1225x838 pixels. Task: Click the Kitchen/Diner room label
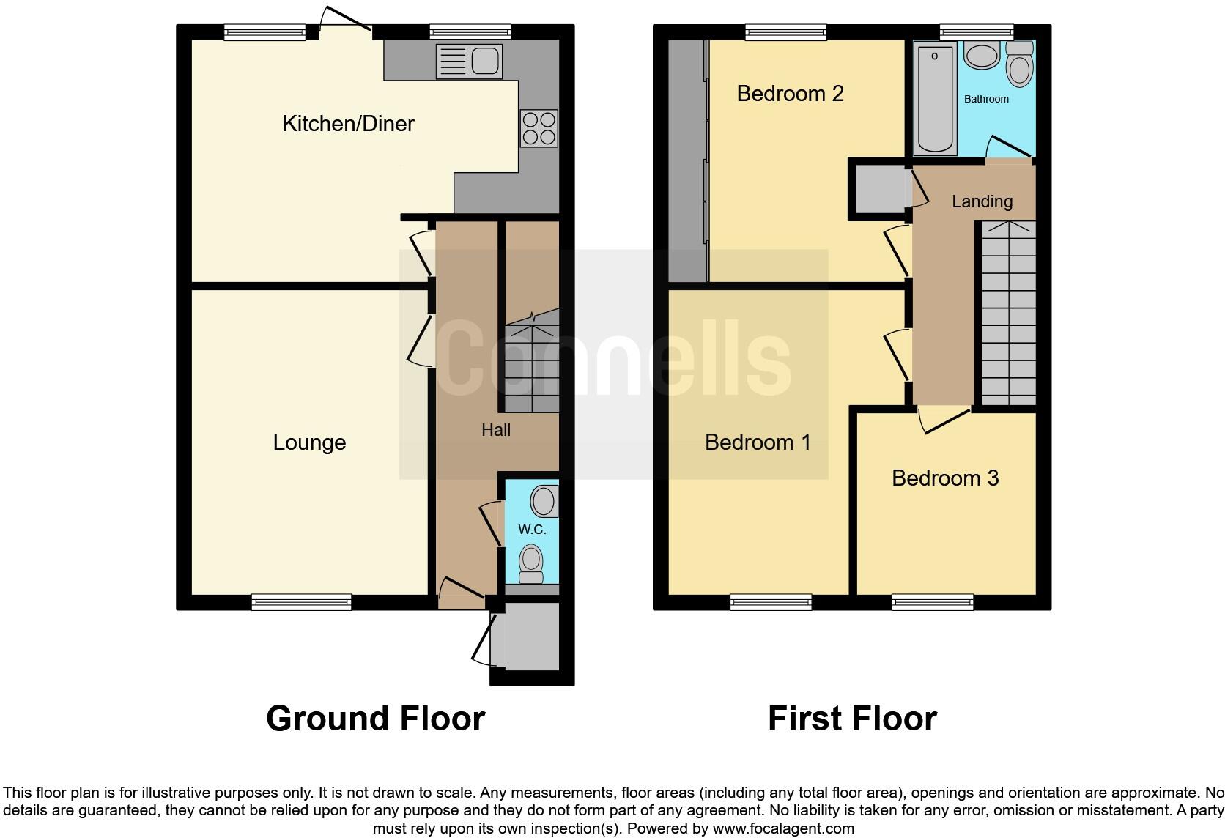coord(348,123)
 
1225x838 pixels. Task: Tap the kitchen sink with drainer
coord(469,61)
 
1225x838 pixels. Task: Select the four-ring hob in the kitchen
coord(539,128)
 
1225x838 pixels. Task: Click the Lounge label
coord(309,442)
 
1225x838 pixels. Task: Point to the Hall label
coord(496,430)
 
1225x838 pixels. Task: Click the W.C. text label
coord(532,530)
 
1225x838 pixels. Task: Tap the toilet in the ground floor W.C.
coord(530,563)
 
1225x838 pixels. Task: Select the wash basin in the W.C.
coord(544,502)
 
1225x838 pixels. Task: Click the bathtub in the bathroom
coord(936,97)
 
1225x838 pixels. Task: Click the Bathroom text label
coord(986,99)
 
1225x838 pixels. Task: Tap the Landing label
coord(982,201)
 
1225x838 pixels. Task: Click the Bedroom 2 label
coord(790,94)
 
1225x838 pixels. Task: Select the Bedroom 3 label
coord(945,478)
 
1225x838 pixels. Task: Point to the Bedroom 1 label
coord(758,442)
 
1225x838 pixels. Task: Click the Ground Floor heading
coord(375,719)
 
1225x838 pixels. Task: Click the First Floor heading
coord(852,719)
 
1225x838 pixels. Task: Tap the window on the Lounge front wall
coord(301,602)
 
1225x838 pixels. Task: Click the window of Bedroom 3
coord(932,602)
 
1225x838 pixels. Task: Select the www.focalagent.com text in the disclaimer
coord(783,829)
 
